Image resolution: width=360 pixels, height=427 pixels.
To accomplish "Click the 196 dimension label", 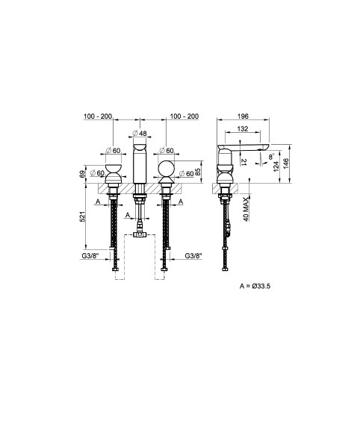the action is tap(243, 116).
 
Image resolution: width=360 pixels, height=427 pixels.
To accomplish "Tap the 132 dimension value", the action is tap(243, 128).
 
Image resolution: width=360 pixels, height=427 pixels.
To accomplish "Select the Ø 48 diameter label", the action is tap(140, 133).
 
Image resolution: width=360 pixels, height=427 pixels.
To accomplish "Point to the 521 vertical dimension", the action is tap(83, 216).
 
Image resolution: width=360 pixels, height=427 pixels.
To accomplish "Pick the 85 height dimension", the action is tap(198, 172).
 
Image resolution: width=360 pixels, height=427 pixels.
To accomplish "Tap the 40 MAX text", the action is tap(246, 209).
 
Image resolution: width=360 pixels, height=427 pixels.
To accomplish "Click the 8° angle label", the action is tap(271, 157).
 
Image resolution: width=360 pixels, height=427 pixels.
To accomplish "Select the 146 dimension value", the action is tap(285, 163).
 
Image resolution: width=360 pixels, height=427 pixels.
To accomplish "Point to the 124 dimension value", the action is tap(276, 166).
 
